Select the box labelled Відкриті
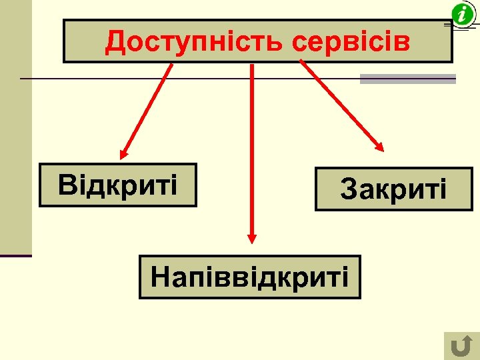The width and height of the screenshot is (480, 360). coord(118,185)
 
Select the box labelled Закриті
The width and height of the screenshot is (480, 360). coord(393,189)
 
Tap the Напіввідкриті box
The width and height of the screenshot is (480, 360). coord(249,276)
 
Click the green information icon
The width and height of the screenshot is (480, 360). coord(462,14)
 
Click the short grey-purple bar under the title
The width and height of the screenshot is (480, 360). coord(407,79)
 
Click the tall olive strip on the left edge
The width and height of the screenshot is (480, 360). coord(15,127)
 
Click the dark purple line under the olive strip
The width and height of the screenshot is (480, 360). coord(15,255)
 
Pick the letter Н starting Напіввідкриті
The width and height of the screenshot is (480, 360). coord(159,276)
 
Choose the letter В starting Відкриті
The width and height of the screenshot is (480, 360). coord(67,185)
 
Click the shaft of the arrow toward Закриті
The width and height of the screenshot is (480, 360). coord(340,103)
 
